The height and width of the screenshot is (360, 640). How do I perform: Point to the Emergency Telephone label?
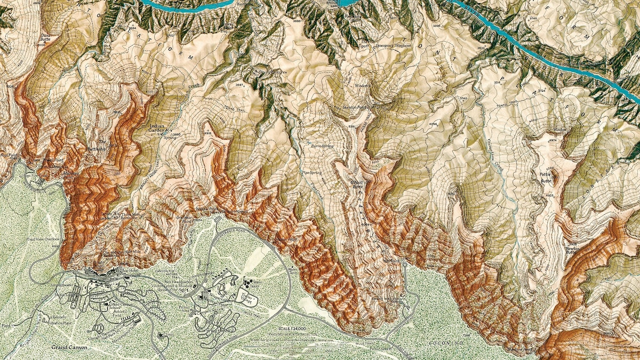pyautogui.click(x=394, y=45)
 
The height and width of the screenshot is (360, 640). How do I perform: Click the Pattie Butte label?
pyautogui.click(x=545, y=177)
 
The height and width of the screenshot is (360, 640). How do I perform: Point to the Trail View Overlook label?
pyautogui.click(x=43, y=239)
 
